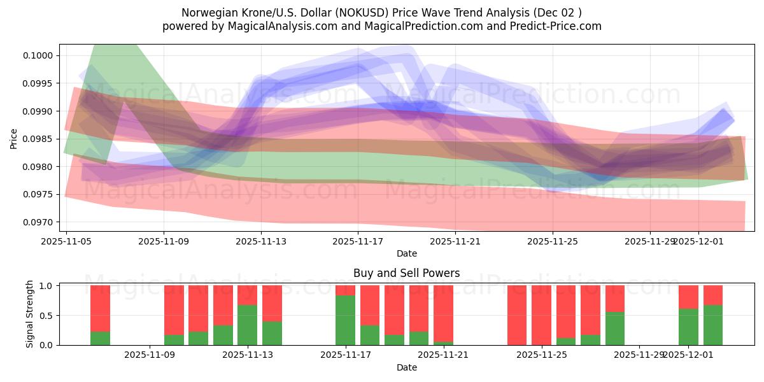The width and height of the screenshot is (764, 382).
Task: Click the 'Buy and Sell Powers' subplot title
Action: [x=406, y=273]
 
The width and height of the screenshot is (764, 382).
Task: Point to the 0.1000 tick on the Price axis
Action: [x=39, y=55]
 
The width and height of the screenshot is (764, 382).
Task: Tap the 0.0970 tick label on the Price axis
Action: [x=39, y=222]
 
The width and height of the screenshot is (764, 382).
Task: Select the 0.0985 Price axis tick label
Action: [x=39, y=139]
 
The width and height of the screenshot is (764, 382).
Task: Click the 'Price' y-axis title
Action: [x=14, y=138]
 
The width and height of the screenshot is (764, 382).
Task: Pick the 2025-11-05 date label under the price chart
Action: [x=67, y=241]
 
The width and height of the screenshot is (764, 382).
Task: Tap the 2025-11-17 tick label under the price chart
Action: [x=358, y=241]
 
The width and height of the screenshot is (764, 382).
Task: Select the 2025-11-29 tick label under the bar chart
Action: [x=639, y=355]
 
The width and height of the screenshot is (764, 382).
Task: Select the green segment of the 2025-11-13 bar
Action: [x=248, y=325]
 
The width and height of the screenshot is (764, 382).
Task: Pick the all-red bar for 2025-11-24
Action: [x=517, y=315]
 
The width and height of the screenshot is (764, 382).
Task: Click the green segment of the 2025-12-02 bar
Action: [x=713, y=325]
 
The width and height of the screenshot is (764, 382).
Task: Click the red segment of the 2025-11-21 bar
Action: [x=443, y=313]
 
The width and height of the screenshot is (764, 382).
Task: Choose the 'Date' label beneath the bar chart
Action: [x=406, y=367]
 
